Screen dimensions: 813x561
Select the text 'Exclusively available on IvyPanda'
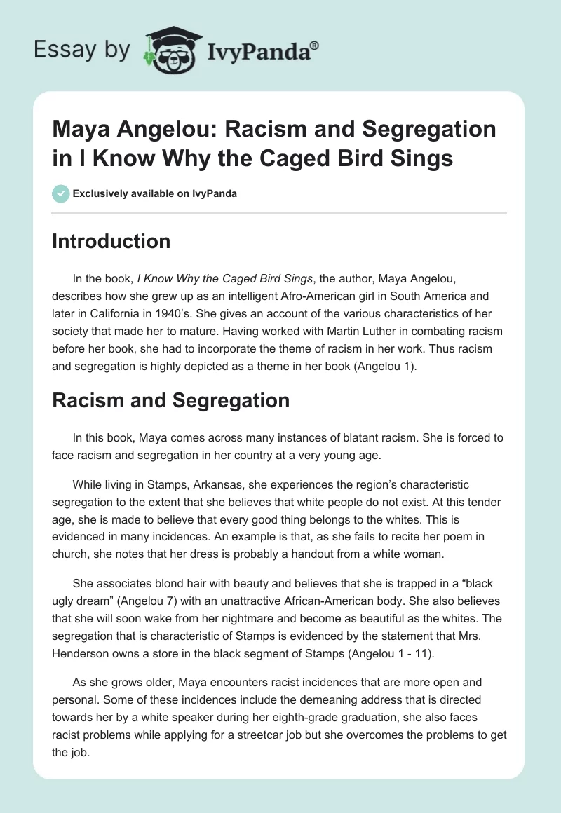pos(154,193)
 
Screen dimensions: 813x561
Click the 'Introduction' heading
pos(111,241)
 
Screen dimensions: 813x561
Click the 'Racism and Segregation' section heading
pos(171,401)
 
